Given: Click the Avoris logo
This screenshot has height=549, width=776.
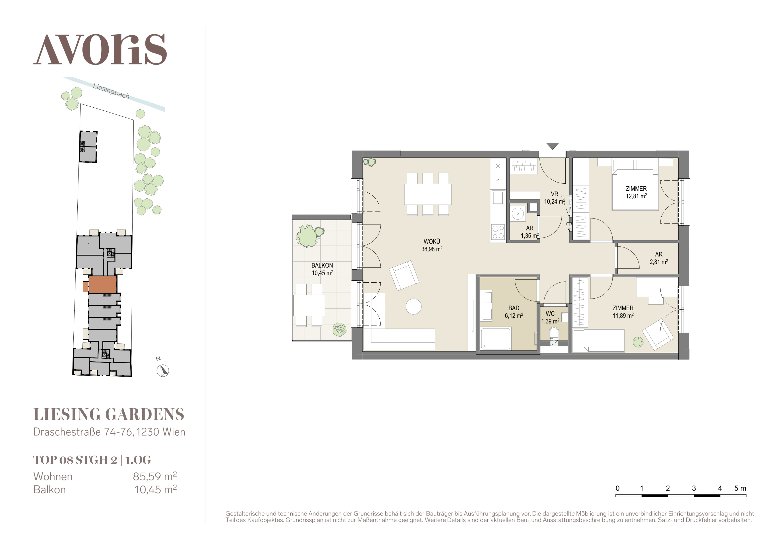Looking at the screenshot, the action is coord(100,49).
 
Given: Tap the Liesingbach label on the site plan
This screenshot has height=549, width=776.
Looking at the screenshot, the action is coord(111,91).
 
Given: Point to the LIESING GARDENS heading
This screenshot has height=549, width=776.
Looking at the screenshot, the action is coord(109,414).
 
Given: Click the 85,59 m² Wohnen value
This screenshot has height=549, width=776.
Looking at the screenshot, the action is coord(155,476).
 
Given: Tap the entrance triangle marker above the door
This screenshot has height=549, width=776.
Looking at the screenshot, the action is coord(552,146).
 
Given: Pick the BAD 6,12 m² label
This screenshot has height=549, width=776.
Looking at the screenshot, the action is coord(514,312).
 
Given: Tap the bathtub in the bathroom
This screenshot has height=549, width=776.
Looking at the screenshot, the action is coord(496,338).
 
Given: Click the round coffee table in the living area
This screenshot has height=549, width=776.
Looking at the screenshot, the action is coord(413,307).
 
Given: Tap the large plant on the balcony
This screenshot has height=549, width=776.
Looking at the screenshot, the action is coord(308,236).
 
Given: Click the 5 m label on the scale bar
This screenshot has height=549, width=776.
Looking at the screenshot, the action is coord(740,488).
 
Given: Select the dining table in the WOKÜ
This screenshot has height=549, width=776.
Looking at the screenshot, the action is coord(427,194).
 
